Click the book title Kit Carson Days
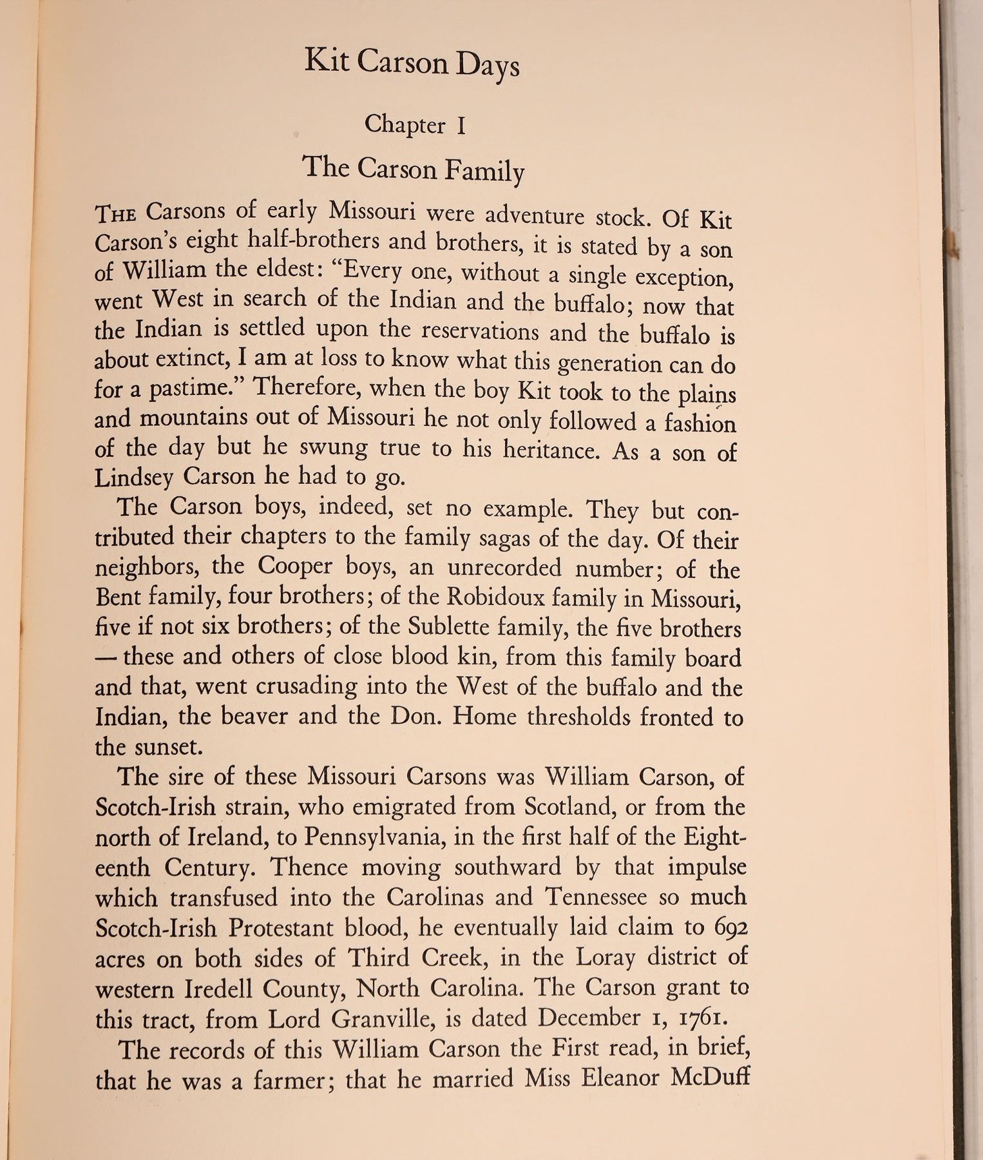pyautogui.click(x=412, y=64)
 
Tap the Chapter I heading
pyautogui.click(x=414, y=124)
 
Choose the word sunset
pyautogui.click(x=171, y=747)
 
